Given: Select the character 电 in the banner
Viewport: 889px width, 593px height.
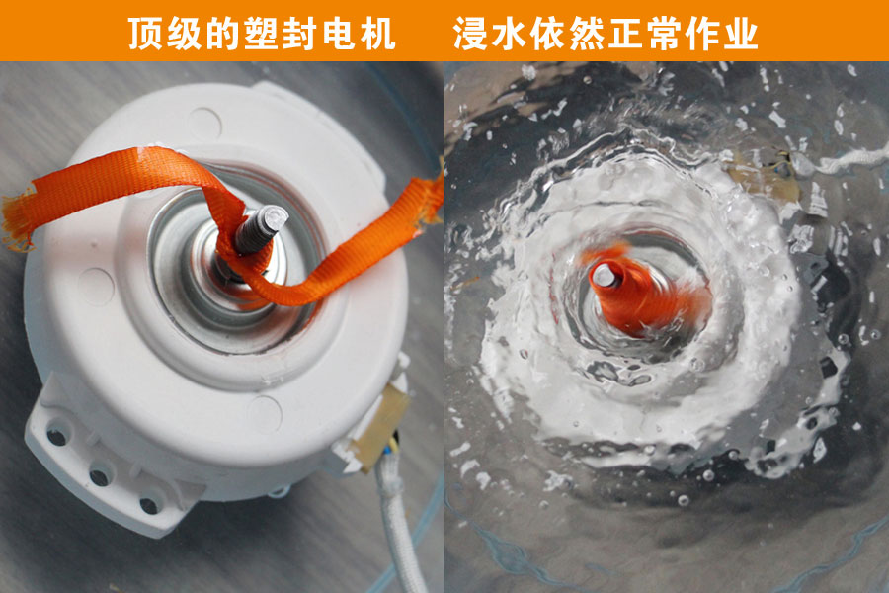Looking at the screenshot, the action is click(340, 33).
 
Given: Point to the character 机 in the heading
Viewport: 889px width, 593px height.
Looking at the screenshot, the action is click(378, 33).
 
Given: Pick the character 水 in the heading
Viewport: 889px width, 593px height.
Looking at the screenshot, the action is click(510, 33).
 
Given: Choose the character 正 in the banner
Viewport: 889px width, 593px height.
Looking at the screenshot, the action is click(625, 33).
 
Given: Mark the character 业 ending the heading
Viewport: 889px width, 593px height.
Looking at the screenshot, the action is click(741, 33).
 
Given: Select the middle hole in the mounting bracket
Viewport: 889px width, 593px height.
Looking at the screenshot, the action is click(100, 475).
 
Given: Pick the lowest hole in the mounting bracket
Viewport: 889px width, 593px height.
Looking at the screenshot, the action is click(148, 506).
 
